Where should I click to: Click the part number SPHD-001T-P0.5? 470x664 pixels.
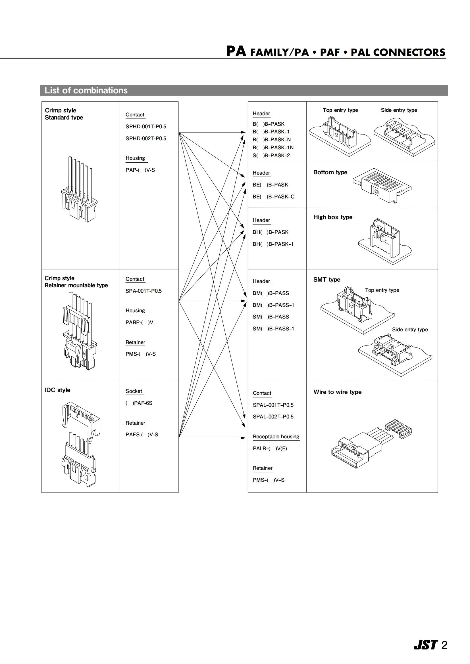(x=146, y=127)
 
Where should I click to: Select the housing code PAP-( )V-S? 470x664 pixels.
(x=140, y=170)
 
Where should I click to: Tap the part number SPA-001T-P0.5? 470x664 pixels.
(x=144, y=291)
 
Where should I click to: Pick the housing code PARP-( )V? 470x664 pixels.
(x=139, y=322)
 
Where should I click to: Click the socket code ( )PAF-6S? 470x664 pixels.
(x=139, y=403)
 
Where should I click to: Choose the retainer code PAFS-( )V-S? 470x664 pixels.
(x=142, y=435)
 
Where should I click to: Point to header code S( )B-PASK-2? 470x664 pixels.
(x=271, y=156)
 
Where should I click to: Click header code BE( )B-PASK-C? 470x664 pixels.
(x=273, y=197)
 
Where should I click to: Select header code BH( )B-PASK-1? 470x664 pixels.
(x=273, y=244)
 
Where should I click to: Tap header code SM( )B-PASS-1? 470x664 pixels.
(x=273, y=329)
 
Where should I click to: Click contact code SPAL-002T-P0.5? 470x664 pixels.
(x=273, y=417)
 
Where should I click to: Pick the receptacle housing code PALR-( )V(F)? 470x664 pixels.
(x=270, y=449)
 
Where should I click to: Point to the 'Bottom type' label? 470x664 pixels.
(x=330, y=172)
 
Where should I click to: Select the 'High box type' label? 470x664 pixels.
(x=333, y=217)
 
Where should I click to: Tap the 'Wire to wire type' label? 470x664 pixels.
(x=338, y=392)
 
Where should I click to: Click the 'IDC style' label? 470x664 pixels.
(x=58, y=390)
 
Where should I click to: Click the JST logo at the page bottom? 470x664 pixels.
(x=425, y=645)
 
